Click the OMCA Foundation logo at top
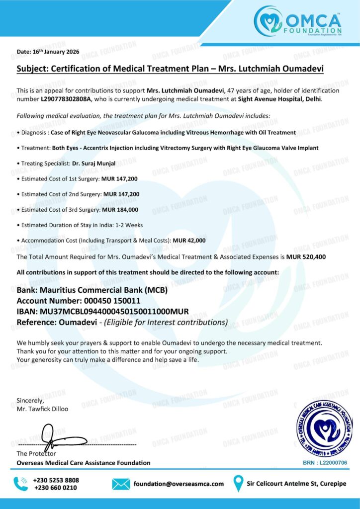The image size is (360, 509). point(297,21)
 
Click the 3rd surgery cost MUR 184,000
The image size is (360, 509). point(120,210)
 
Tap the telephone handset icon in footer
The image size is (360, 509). point(20,483)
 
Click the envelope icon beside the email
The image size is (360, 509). point(121,483)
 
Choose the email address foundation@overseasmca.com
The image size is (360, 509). point(179,484)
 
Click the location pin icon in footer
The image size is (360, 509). point(239,483)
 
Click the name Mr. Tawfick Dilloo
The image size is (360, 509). point(42,409)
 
